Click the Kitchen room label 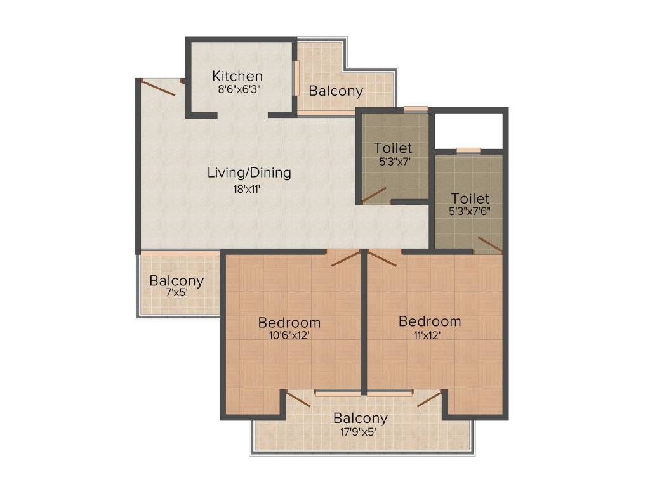tap(237, 76)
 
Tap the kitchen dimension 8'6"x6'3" tap(239, 89)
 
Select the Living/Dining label tap(249, 172)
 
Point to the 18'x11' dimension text tap(247, 189)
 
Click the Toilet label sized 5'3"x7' tap(393, 148)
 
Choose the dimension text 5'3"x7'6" tap(470, 211)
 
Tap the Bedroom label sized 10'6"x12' tap(289, 322)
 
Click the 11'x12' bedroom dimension tap(427, 335)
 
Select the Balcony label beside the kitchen tap(336, 91)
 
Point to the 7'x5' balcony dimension tap(177, 292)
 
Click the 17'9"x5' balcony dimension tap(358, 432)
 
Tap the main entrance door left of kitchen tap(157, 88)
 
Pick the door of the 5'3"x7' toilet tap(374, 195)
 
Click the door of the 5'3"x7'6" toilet tap(490, 244)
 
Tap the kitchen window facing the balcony tap(297, 78)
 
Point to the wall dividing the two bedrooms tap(364, 322)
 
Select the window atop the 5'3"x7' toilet tap(416, 109)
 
